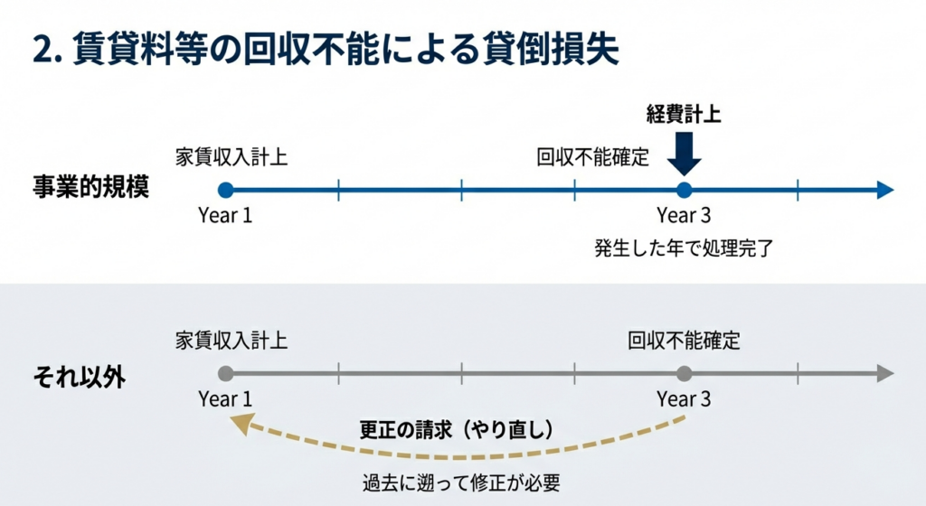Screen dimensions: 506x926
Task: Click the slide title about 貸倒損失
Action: (x=326, y=49)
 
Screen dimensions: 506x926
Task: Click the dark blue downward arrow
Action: (x=684, y=154)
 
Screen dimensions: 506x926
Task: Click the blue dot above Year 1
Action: (x=225, y=190)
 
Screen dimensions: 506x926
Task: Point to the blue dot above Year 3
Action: (x=684, y=190)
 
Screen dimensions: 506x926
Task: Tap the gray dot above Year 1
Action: (x=225, y=373)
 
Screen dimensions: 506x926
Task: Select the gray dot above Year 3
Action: (x=684, y=373)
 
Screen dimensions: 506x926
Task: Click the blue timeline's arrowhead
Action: (x=885, y=190)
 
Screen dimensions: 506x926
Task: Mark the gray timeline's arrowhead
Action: (x=885, y=373)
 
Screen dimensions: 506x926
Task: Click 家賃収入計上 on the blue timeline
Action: (x=232, y=156)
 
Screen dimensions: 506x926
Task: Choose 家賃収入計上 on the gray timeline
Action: (x=232, y=341)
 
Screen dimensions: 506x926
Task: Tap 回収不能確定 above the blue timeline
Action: (x=593, y=156)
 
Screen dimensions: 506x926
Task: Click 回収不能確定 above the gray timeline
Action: (x=685, y=341)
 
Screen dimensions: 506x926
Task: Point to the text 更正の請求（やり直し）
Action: (x=456, y=427)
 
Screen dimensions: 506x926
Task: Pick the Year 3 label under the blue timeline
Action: (x=684, y=216)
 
